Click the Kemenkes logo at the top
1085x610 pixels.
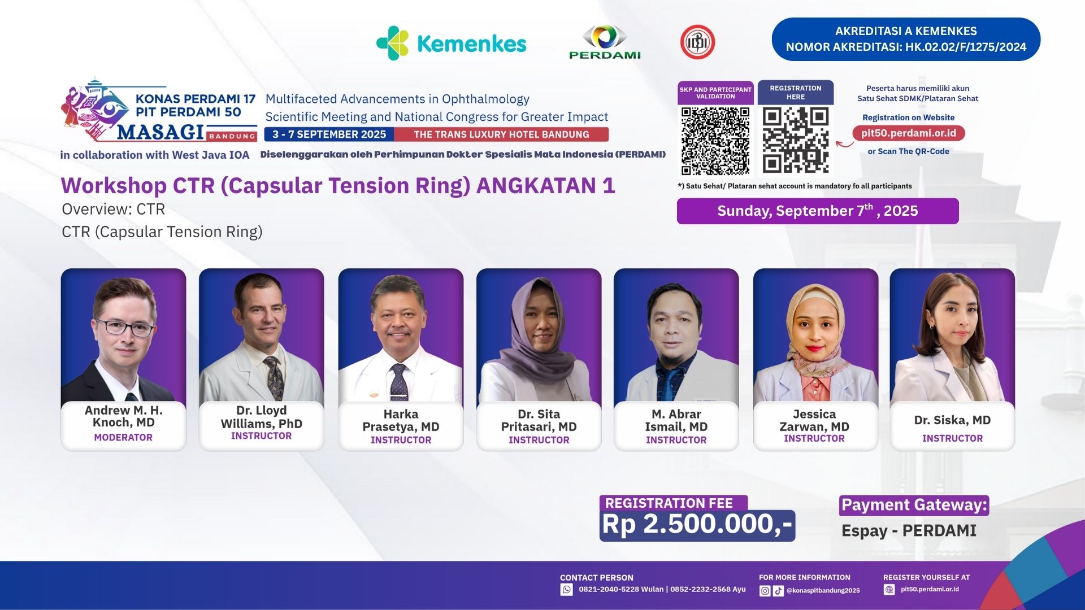click(451, 43)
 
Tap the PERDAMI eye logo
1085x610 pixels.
click(605, 42)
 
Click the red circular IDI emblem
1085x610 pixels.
click(697, 42)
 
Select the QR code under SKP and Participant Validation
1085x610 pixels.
click(715, 141)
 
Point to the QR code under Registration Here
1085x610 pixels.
click(796, 140)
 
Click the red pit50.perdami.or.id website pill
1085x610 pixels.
click(909, 133)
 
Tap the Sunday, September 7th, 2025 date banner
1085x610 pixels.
click(818, 211)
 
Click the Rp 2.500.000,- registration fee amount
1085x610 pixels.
click(697, 525)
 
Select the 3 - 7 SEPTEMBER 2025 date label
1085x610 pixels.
click(329, 134)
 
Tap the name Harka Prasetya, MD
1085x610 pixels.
click(401, 421)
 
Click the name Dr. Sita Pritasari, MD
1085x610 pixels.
click(539, 421)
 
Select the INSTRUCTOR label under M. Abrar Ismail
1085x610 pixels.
click(676, 440)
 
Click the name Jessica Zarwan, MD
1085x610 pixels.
click(814, 421)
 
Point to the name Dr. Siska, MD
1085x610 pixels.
click(952, 420)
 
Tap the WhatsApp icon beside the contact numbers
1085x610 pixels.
click(566, 590)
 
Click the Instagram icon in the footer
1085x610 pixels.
click(765, 591)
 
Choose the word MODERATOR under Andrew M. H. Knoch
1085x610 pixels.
click(123, 437)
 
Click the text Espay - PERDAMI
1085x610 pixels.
click(909, 531)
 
